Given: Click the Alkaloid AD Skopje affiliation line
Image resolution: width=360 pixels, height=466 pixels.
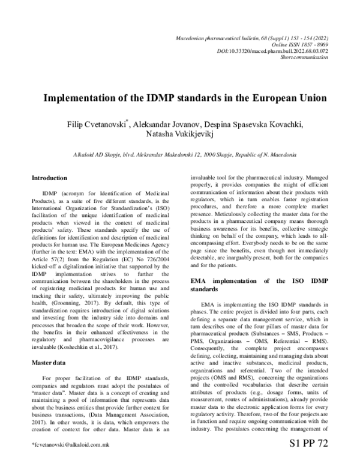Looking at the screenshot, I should click(180, 154).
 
